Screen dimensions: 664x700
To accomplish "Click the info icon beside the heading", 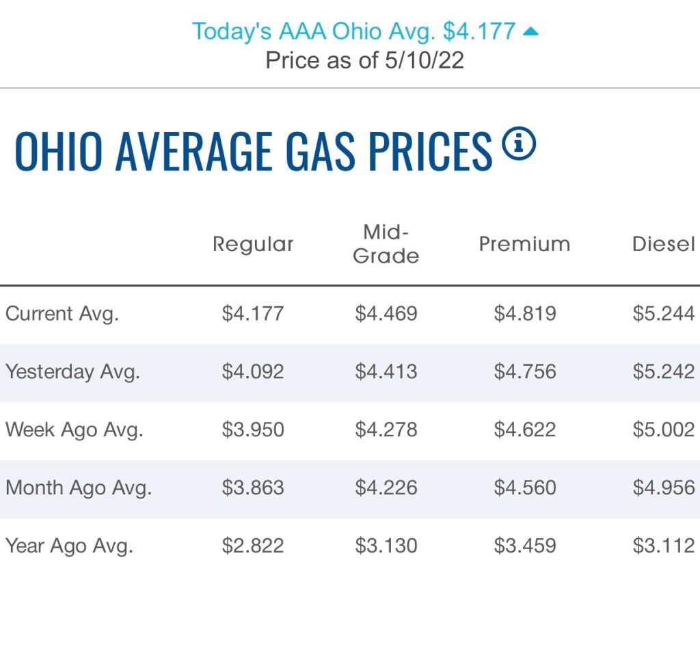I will tap(519, 144).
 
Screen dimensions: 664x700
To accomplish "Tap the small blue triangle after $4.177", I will tap(530, 31).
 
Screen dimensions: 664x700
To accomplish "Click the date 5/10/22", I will tap(425, 60).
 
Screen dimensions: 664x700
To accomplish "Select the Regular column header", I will tap(253, 244).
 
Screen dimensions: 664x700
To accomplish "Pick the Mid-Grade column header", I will tap(386, 244).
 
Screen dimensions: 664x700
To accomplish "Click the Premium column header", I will tap(524, 244).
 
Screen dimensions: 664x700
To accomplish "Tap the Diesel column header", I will tap(663, 244).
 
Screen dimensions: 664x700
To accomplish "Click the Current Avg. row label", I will tap(62, 314).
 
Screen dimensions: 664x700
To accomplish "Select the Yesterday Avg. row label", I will tap(72, 372).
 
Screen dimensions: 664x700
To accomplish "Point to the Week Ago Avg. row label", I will tap(74, 430).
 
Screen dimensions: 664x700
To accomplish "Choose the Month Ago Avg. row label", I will tap(79, 488).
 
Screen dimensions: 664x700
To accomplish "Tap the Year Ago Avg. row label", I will tap(69, 546).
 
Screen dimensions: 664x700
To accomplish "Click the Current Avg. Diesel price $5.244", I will tap(664, 314).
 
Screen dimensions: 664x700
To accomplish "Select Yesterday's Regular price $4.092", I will tap(253, 372).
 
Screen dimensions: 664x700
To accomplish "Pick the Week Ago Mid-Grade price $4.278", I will tap(386, 430).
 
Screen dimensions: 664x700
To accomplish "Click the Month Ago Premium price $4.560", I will tap(525, 488).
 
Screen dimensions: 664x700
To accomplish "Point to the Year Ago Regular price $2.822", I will tap(253, 546).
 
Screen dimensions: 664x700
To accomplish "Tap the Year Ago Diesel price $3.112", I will tap(664, 546).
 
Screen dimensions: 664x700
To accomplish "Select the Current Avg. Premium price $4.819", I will tap(525, 314).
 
